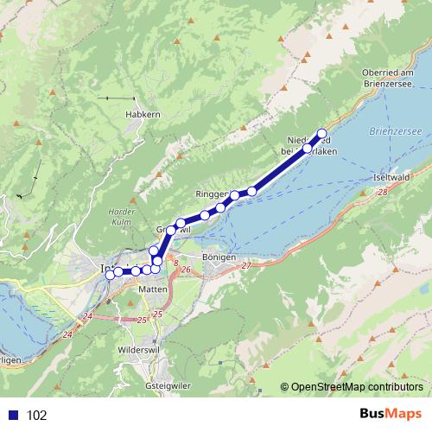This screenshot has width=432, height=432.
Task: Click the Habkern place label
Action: (143, 113)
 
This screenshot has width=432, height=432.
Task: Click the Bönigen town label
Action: (218, 258)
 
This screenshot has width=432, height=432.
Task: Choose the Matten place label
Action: (153, 290)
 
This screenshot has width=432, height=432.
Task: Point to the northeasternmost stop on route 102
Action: (322, 133)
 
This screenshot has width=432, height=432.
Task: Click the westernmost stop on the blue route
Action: (110, 276)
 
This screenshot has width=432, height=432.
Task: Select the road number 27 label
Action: (246, 265)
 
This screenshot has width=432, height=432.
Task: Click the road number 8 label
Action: (175, 262)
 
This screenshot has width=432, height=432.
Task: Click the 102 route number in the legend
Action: (37, 416)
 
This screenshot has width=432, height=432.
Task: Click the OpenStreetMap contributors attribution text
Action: (357, 388)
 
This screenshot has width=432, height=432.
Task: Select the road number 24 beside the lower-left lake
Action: (68, 334)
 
